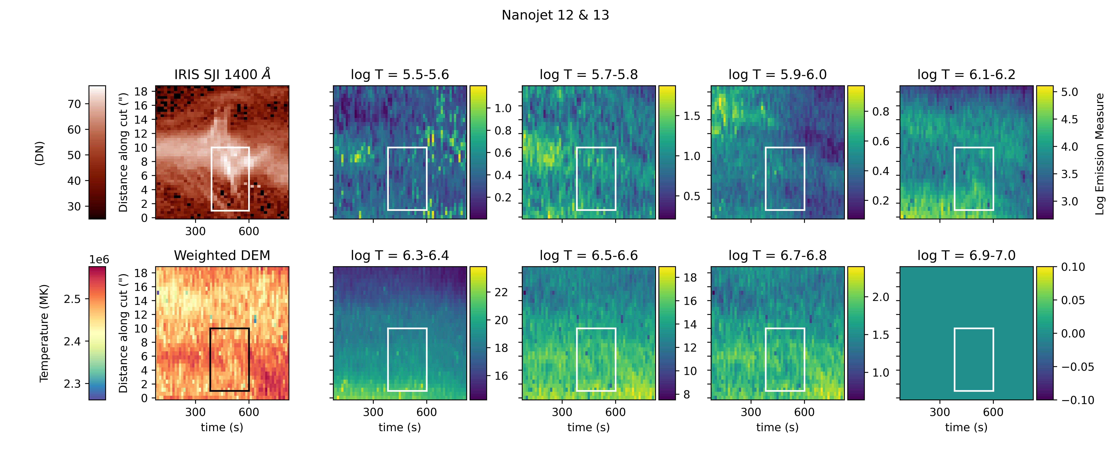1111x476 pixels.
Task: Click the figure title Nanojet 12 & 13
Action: (x=555, y=15)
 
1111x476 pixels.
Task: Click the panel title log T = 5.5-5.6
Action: (x=400, y=75)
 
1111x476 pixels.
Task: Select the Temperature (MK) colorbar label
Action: (x=44, y=333)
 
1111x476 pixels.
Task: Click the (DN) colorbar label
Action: (x=40, y=153)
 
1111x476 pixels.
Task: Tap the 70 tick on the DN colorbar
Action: (x=74, y=104)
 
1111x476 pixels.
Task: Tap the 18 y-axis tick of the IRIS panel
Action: (x=141, y=91)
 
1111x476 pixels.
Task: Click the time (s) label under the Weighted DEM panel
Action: (x=222, y=427)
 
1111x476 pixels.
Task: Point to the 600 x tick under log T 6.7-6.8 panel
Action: (x=804, y=412)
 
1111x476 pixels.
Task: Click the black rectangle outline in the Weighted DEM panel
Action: (x=210, y=360)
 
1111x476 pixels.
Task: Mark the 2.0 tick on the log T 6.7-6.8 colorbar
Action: (x=880, y=297)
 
